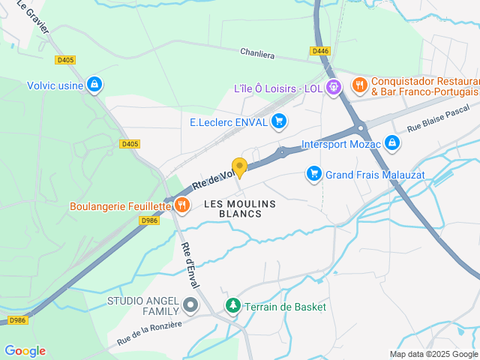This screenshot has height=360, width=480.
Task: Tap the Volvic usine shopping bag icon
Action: [x=94, y=85]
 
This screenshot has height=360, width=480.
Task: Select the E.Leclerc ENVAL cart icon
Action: [x=279, y=121]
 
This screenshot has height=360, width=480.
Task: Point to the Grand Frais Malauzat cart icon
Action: [x=313, y=174]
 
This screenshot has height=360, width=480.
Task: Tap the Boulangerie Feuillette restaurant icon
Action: [x=181, y=205]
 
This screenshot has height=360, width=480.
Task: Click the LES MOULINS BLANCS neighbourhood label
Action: [x=240, y=208]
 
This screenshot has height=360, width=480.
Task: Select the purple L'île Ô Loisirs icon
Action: [x=334, y=88]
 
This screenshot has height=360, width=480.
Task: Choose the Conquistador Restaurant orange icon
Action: [x=359, y=85]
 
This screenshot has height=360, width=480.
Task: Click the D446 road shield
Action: [x=320, y=51]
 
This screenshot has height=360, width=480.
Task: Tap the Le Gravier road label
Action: [x=33, y=17]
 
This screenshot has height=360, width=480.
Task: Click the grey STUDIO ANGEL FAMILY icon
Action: [x=190, y=305]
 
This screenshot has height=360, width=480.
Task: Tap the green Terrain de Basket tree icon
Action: [x=233, y=306]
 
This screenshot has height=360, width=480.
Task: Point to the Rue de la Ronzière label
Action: [x=149, y=334]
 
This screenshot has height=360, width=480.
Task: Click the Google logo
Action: [x=25, y=350]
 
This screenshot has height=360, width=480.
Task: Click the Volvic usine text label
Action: [x=55, y=85]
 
